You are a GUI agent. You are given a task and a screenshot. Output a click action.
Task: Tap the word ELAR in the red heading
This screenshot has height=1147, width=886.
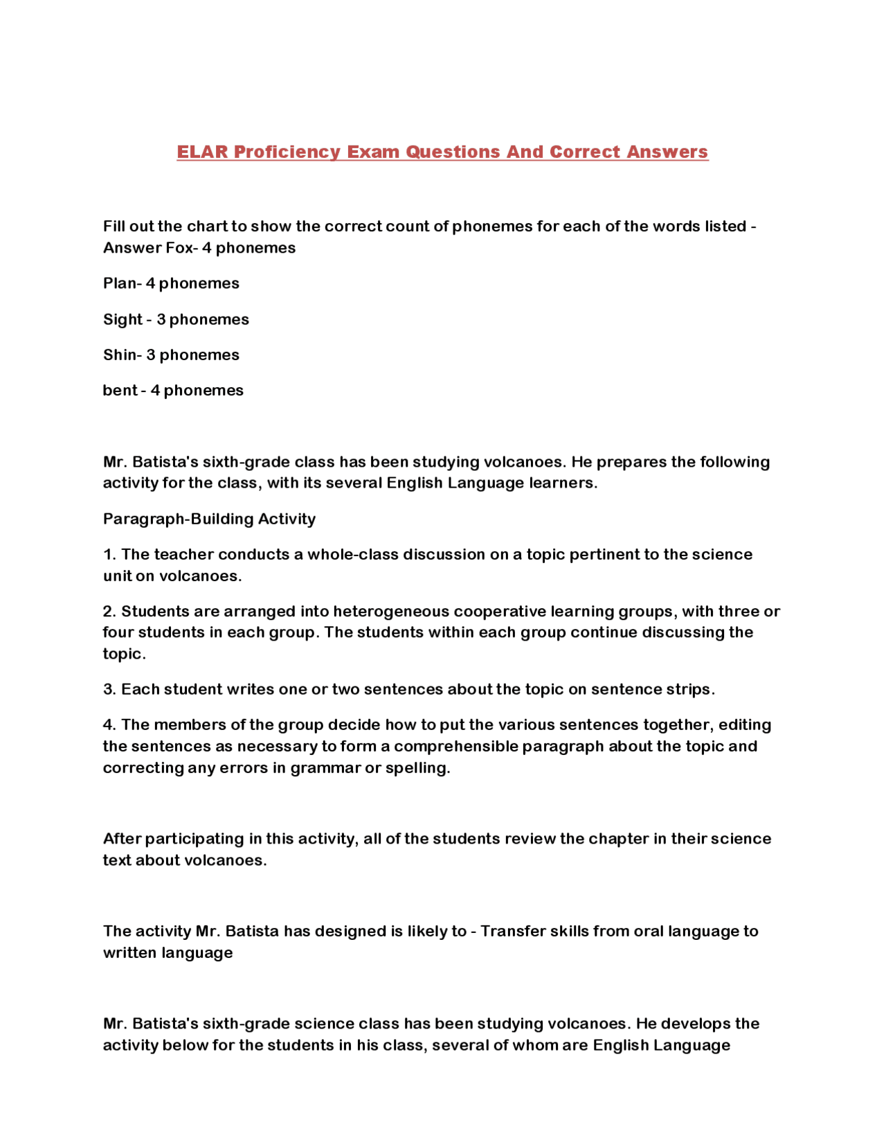[201, 152]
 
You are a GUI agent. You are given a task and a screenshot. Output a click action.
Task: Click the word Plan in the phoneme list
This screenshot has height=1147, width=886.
[120, 283]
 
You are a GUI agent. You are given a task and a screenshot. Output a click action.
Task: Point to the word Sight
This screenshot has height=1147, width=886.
[122, 319]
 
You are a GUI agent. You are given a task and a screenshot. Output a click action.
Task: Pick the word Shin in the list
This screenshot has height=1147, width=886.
[120, 355]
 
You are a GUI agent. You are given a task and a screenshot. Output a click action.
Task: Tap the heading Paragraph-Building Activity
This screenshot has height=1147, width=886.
[209, 519]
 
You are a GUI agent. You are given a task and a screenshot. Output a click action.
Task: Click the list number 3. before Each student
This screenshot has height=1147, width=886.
[110, 689]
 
